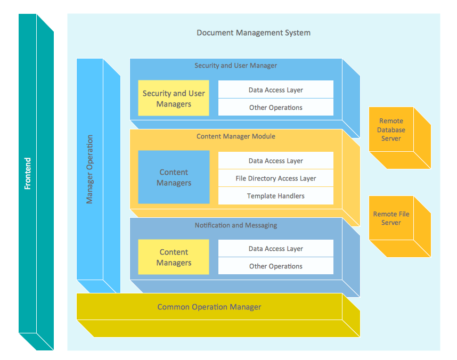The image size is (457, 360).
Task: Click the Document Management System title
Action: tap(254, 32)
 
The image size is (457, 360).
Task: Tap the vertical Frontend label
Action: tap(28, 173)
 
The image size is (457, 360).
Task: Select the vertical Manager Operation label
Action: tap(89, 169)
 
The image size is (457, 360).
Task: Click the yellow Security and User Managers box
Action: tap(174, 99)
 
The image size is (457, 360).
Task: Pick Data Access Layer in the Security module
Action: tap(275, 90)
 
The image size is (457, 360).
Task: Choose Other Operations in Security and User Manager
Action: tap(275, 108)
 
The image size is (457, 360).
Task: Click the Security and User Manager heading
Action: tap(235, 66)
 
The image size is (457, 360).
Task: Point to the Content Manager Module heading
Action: tap(235, 136)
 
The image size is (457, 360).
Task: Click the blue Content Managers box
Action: tap(174, 177)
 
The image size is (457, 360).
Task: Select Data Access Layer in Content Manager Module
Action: tap(275, 161)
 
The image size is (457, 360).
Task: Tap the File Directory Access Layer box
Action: tap(275, 178)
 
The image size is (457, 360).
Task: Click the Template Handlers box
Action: tap(275, 196)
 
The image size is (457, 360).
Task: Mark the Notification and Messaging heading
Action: tap(235, 225)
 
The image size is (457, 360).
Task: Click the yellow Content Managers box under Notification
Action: tap(174, 257)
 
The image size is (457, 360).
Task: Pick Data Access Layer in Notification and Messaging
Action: tap(275, 249)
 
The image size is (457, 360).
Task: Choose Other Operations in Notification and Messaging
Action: tap(275, 266)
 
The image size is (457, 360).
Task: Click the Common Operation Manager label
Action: tap(209, 307)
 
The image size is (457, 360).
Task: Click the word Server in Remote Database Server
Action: tap(391, 138)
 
